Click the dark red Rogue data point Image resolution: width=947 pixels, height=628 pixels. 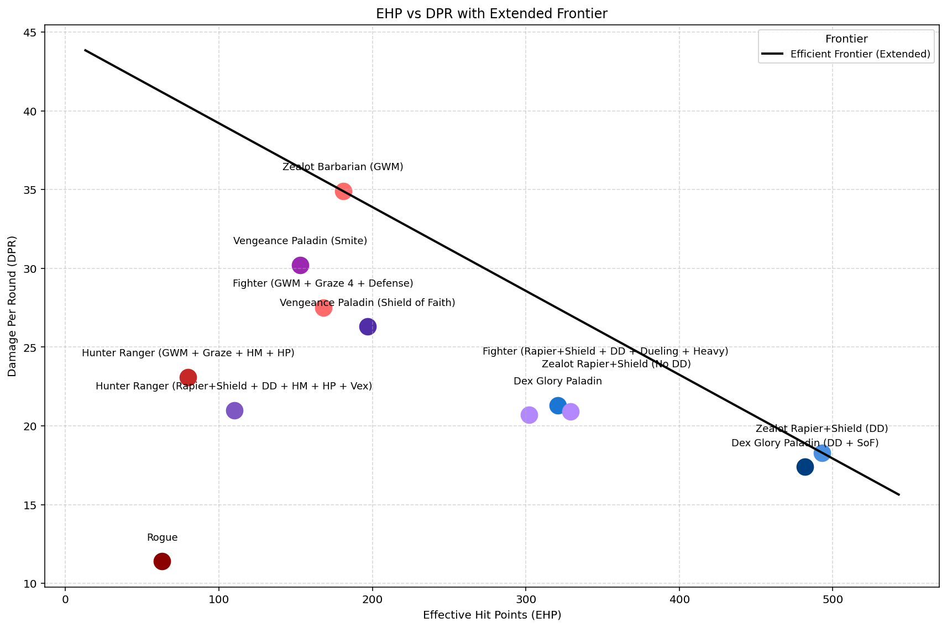(162, 562)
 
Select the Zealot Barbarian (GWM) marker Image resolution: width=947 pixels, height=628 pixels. (343, 191)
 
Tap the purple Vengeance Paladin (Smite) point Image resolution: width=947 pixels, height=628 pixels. (300, 265)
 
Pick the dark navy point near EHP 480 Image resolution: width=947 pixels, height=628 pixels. (805, 467)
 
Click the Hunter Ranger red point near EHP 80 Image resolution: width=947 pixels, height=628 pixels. (188, 377)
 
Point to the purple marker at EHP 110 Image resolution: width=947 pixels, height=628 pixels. (234, 410)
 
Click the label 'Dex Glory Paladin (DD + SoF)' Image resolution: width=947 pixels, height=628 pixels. (804, 444)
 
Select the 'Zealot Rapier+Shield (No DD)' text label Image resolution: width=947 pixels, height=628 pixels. (616, 365)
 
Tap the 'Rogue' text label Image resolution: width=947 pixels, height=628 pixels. (162, 538)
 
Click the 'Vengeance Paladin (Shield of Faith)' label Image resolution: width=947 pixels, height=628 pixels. (367, 303)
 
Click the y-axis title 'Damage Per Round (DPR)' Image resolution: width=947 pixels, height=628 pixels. (12, 307)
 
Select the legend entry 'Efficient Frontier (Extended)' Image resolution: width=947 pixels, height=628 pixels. (860, 54)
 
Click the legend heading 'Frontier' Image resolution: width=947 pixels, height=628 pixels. (846, 39)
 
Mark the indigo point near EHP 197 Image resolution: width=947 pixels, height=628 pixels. (368, 327)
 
